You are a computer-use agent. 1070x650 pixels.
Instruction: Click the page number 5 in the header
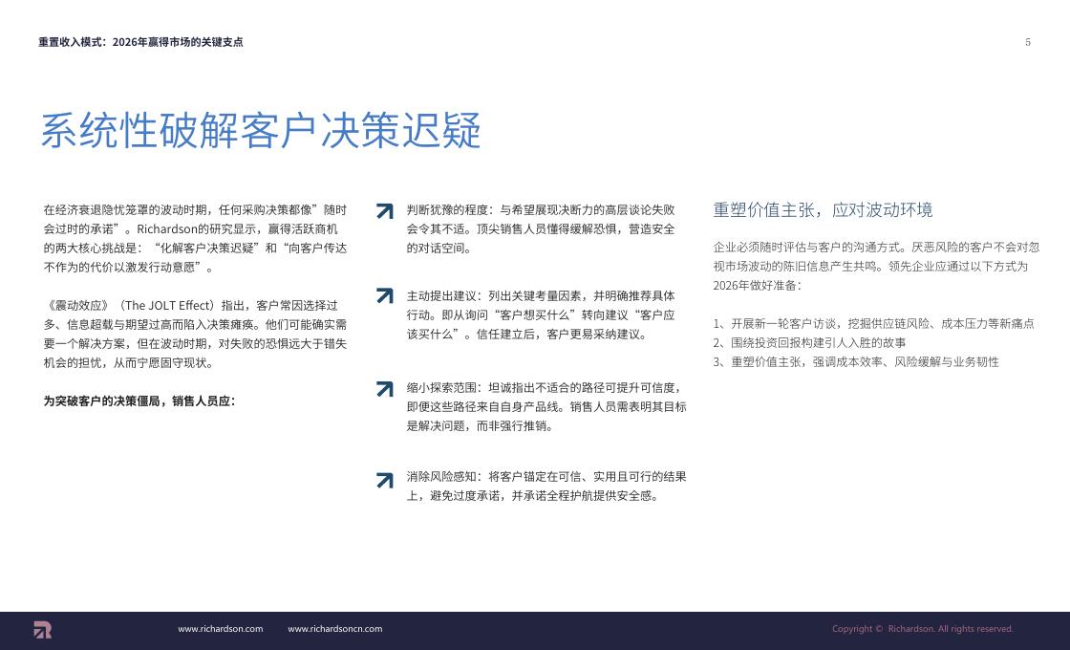(1028, 42)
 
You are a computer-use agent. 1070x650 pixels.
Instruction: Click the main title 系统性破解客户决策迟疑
(262, 130)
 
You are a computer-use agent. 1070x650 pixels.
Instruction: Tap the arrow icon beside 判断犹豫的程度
(385, 211)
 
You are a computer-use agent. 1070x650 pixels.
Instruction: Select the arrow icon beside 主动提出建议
(385, 295)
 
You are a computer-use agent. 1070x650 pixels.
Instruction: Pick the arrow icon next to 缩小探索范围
(385, 388)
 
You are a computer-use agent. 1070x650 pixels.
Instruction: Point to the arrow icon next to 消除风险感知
(385, 480)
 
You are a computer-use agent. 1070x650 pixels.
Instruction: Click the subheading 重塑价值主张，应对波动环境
(823, 209)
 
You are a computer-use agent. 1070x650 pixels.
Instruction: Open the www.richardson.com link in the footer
(221, 629)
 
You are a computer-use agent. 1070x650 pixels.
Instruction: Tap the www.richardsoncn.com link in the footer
(335, 629)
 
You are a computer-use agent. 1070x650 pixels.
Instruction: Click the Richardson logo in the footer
(42, 630)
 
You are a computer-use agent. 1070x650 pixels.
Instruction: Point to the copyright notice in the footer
(923, 629)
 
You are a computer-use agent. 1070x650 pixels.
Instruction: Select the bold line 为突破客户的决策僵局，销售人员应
(139, 401)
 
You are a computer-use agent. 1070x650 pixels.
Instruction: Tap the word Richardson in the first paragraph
(166, 228)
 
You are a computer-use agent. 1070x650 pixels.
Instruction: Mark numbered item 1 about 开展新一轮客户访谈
(873, 324)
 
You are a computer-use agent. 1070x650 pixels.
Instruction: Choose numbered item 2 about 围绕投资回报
(809, 343)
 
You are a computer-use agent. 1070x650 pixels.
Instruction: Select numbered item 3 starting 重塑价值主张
(856, 362)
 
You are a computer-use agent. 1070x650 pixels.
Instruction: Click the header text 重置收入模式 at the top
(70, 42)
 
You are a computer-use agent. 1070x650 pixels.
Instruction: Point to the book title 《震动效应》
(76, 305)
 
